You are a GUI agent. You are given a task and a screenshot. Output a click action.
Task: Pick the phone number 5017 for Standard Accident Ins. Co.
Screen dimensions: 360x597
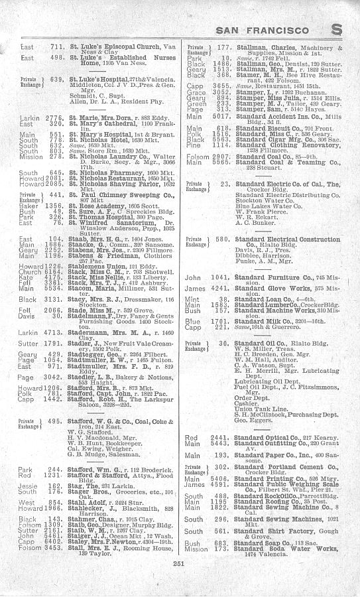[219, 117]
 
